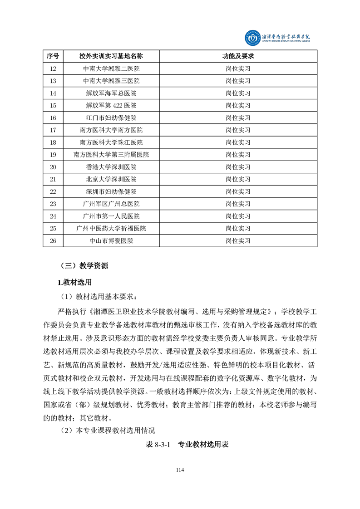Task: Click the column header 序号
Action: point(53,56)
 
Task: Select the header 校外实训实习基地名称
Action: point(111,56)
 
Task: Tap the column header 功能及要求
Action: point(238,56)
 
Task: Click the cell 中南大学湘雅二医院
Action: point(111,69)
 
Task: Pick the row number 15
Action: point(53,105)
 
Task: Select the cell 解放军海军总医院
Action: point(111,93)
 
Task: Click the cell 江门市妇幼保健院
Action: point(111,118)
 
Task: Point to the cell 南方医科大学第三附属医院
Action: point(111,155)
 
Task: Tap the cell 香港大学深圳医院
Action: point(111,167)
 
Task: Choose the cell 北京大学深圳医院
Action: point(111,179)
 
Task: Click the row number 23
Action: point(53,204)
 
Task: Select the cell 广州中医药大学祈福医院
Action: point(111,228)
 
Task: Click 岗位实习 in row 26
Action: point(238,240)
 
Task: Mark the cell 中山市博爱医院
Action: point(111,240)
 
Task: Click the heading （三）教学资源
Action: point(84,266)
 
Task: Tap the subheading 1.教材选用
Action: point(74,283)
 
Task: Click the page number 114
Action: point(180,470)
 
